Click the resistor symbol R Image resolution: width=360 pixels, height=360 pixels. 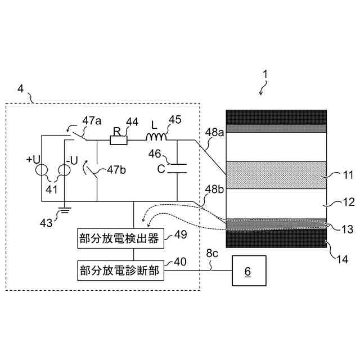pyautogui.click(x=118, y=140)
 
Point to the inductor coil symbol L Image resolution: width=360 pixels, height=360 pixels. pyautogui.click(x=156, y=138)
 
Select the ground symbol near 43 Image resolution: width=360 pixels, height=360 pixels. pyautogui.click(x=64, y=212)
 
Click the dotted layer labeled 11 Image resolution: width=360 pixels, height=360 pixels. pyautogui.click(x=276, y=175)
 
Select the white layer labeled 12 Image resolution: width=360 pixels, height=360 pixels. pyautogui.click(x=276, y=204)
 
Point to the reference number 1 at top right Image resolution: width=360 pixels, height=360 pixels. pyautogui.click(x=265, y=73)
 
